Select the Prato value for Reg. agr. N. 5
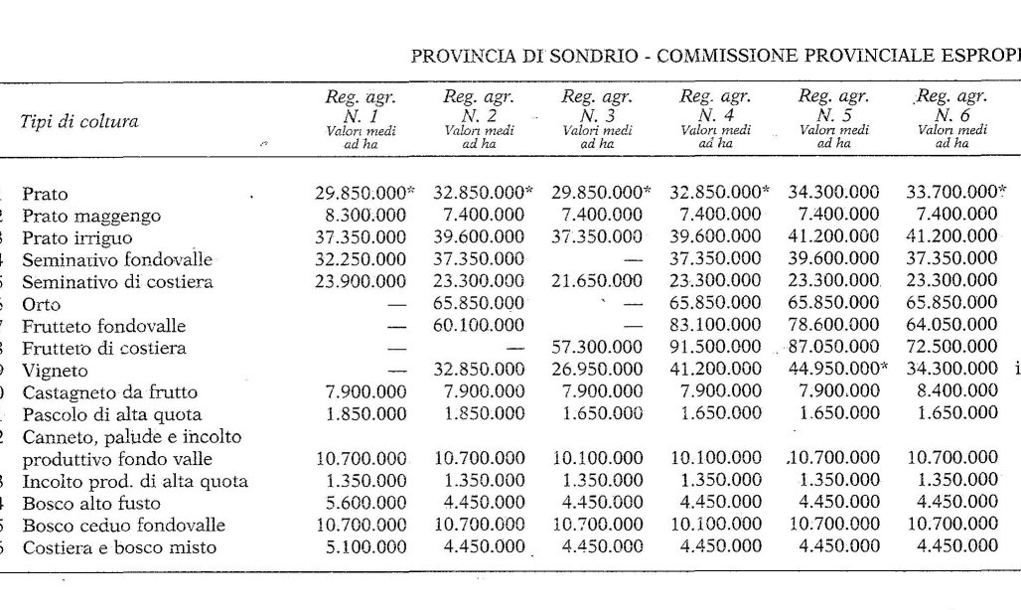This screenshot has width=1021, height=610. (x=834, y=194)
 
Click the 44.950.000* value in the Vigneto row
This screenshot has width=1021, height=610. (x=838, y=370)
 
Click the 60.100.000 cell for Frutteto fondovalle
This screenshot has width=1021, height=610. (x=480, y=326)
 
